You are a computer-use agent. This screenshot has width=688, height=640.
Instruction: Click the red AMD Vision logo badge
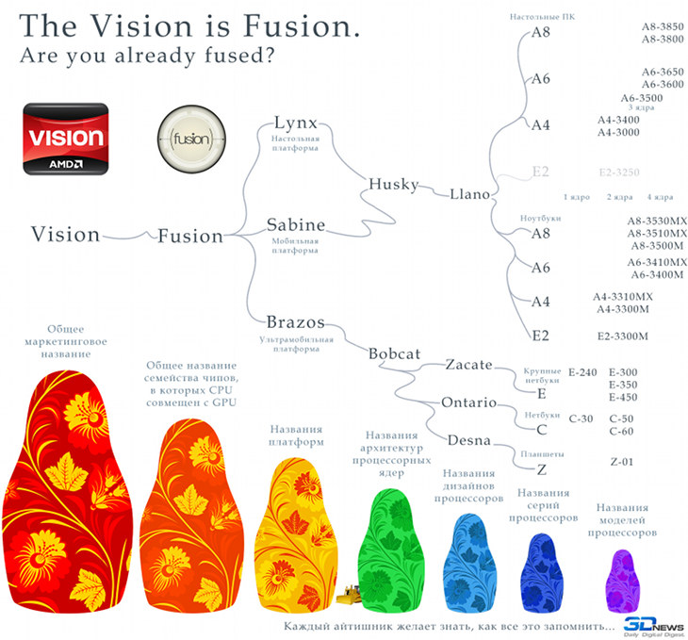coord(63,139)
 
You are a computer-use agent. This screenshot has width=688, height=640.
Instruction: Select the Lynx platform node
coord(295,123)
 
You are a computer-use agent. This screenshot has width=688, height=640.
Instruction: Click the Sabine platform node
coord(295,225)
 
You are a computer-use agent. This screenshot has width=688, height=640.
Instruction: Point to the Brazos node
coord(296,321)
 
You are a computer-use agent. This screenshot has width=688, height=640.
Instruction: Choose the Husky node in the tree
coord(393,184)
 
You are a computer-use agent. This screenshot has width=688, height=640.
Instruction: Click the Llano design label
coord(469,194)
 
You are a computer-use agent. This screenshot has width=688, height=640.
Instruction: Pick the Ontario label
coord(468,402)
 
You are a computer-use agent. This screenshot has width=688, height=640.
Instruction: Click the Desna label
coord(467,439)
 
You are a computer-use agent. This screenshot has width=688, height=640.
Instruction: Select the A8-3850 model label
coord(663,28)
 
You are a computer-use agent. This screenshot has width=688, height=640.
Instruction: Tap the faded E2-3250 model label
coord(619,172)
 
